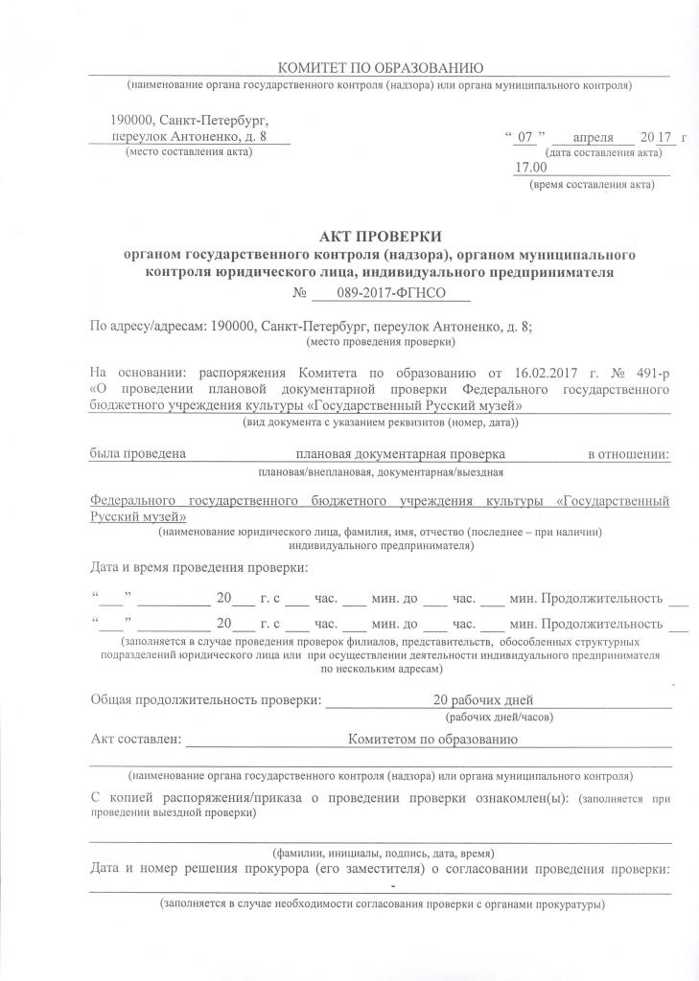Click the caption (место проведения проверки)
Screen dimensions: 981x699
(x=381, y=340)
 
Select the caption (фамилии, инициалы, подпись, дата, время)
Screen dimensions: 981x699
(x=384, y=852)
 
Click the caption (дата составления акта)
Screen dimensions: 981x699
(x=602, y=153)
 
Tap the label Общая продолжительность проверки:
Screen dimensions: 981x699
(x=205, y=699)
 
